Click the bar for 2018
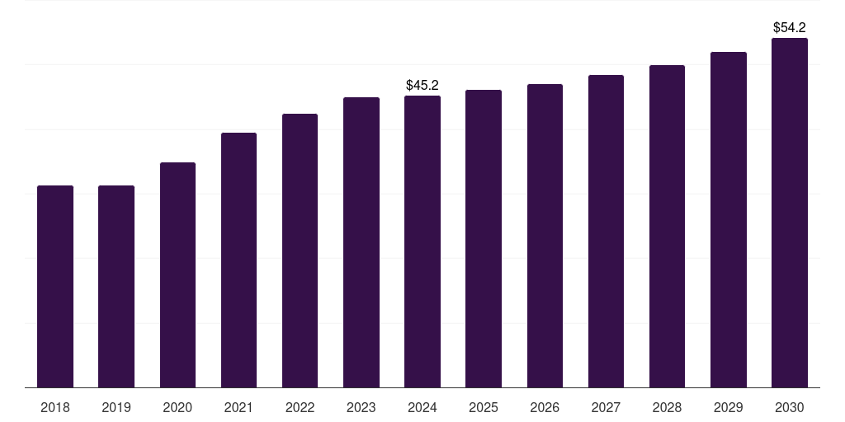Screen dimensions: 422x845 click(55, 286)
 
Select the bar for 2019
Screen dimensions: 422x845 click(116, 286)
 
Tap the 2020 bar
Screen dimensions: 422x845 click(177, 274)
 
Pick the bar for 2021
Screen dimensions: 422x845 click(238, 260)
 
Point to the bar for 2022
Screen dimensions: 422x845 click(300, 251)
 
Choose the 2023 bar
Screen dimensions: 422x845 click(361, 242)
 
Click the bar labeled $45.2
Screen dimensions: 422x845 click(422, 241)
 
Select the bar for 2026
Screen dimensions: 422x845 click(545, 236)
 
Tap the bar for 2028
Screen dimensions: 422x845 click(667, 226)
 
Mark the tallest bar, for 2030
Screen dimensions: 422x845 click(789, 213)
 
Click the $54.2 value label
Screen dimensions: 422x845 click(789, 28)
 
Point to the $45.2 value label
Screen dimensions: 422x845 click(422, 86)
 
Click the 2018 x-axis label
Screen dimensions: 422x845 click(55, 407)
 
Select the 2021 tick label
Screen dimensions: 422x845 click(238, 407)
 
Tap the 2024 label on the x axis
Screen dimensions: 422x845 click(422, 407)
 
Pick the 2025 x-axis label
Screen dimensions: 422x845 click(484, 407)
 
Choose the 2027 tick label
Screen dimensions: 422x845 click(606, 407)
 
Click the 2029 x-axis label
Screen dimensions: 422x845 click(728, 407)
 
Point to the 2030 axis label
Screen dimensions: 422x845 click(789, 407)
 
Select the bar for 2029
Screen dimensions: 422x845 click(728, 219)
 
